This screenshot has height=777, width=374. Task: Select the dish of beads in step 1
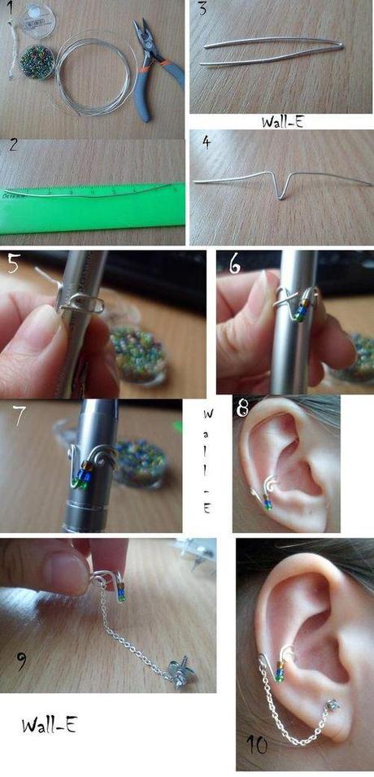pyautogui.click(x=37, y=62)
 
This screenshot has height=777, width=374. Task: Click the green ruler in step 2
pyautogui.click(x=92, y=208)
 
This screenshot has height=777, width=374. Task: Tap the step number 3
pyautogui.click(x=202, y=9)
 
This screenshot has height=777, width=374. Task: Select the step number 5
pyautogui.click(x=13, y=264)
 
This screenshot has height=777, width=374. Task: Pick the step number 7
pyautogui.click(x=20, y=416)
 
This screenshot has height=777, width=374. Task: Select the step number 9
pyautogui.click(x=22, y=661)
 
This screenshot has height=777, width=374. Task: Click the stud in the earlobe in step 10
pyautogui.click(x=333, y=704)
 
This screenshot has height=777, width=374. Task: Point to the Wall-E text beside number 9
pyautogui.click(x=49, y=726)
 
